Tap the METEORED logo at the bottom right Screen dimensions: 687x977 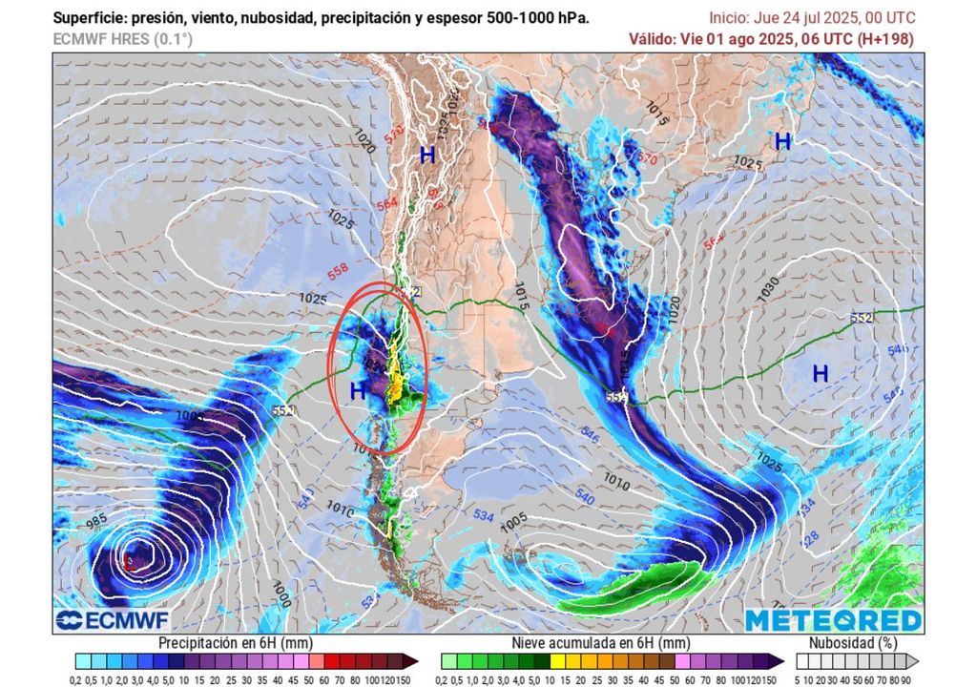coord(833,620)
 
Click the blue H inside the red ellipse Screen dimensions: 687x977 coord(358,389)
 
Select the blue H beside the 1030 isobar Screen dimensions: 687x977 coord(820,374)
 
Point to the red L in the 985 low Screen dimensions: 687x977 coord(129,562)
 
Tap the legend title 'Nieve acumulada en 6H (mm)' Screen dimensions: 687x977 coord(600,643)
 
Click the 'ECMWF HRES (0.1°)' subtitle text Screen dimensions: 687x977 coord(121,39)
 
